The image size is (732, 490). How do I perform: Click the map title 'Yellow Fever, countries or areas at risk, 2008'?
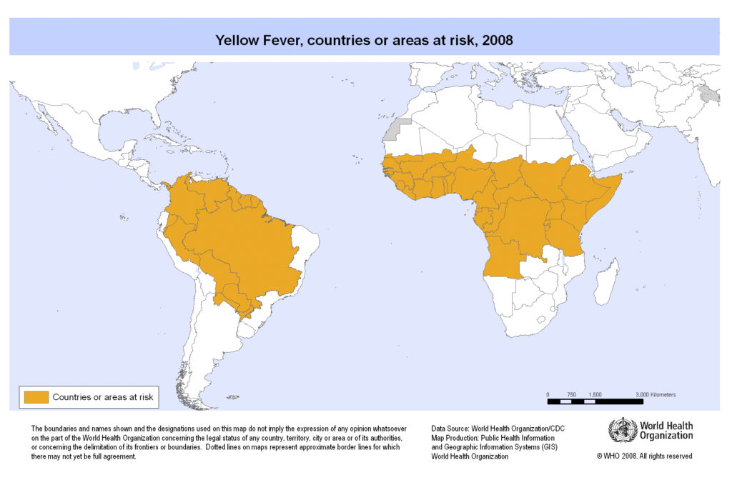pyautogui.click(x=364, y=40)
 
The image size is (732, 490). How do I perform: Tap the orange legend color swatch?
pyautogui.click(x=36, y=396)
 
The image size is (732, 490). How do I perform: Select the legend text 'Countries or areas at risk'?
pyautogui.click(x=102, y=396)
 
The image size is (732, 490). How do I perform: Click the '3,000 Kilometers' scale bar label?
pyautogui.click(x=656, y=394)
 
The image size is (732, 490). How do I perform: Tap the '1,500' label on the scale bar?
pyautogui.click(x=595, y=394)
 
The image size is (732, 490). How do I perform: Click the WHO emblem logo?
pyautogui.click(x=622, y=431)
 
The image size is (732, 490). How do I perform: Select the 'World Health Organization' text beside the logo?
pyautogui.click(x=666, y=431)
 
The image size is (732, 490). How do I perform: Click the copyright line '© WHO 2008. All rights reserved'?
pyautogui.click(x=644, y=456)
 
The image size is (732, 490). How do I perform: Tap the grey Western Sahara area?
pyautogui.click(x=394, y=131)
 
